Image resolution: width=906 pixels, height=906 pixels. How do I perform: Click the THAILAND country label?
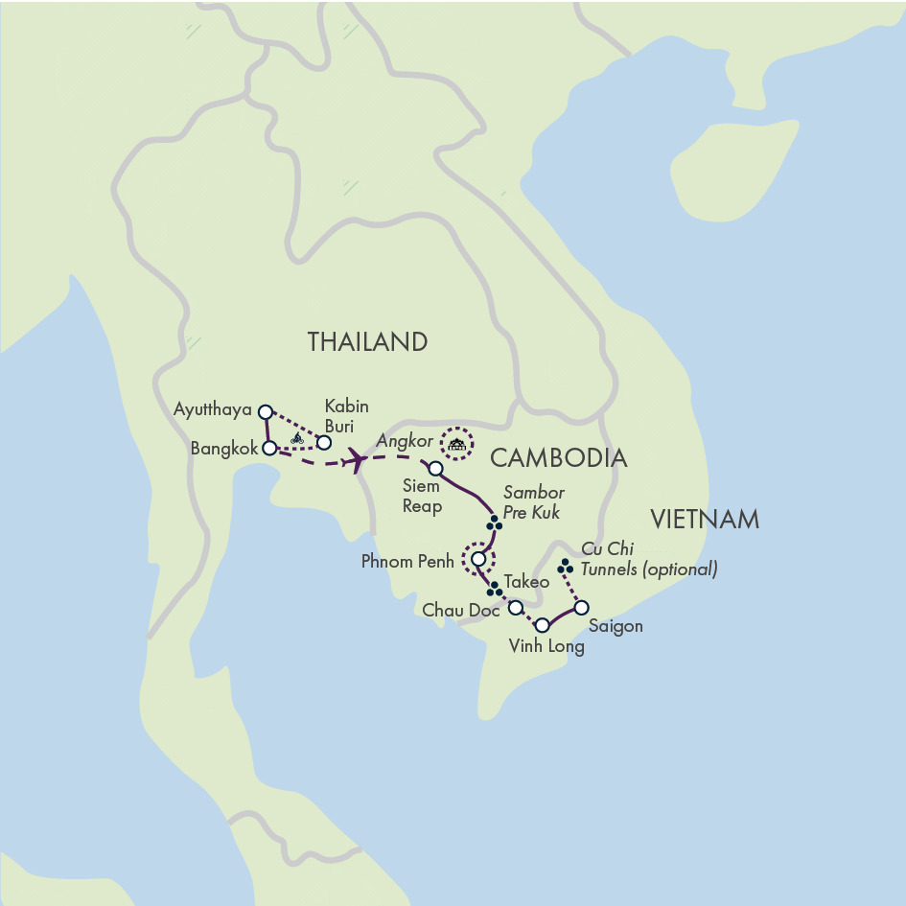click(366, 342)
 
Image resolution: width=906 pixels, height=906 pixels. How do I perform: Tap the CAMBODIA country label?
click(559, 458)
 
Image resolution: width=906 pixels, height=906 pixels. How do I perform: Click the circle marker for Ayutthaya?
click(266, 411)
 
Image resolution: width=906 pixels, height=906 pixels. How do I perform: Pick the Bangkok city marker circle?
click(270, 447)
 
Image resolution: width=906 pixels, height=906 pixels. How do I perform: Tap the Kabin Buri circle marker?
click(324, 442)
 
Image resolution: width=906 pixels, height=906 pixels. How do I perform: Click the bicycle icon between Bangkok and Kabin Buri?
click(297, 438)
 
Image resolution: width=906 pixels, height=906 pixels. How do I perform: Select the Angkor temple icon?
click(457, 443)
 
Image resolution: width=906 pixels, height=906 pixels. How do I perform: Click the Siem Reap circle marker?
click(435, 469)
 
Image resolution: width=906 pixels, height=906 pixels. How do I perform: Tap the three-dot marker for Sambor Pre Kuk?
click(494, 523)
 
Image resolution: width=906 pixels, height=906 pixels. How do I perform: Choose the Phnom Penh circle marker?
click(478, 558)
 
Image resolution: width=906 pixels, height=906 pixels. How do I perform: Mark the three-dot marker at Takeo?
click(493, 589)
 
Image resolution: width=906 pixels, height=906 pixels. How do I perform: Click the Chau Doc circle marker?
click(515, 608)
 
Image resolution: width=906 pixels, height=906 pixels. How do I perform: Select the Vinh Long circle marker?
click(542, 625)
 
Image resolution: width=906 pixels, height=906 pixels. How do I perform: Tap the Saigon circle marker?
click(580, 607)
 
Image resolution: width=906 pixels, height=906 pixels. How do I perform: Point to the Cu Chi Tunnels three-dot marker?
click(566, 567)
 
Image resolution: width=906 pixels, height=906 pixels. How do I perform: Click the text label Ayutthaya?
click(213, 410)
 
